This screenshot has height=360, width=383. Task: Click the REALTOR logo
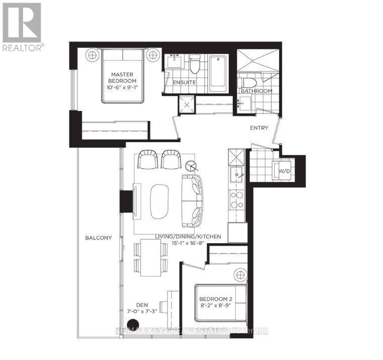pos(23,27)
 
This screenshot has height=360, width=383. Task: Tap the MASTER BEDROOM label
pos(122,78)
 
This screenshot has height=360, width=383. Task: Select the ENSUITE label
pos(184,82)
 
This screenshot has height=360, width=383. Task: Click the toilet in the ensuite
pos(195,64)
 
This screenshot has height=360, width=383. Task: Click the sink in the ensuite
pos(174,61)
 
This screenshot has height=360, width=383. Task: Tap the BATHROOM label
pos(256,91)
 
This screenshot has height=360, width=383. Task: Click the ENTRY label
pos(259,128)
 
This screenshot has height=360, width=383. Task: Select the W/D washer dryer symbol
pos(284,171)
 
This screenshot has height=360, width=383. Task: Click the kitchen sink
pos(237,175)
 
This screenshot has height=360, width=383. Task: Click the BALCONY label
pos(99,237)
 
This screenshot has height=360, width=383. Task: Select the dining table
pos(151,258)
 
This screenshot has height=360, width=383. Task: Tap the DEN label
pos(142,305)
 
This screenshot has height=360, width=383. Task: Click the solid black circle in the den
pos(133,324)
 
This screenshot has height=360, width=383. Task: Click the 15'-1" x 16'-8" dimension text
pos(188,243)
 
